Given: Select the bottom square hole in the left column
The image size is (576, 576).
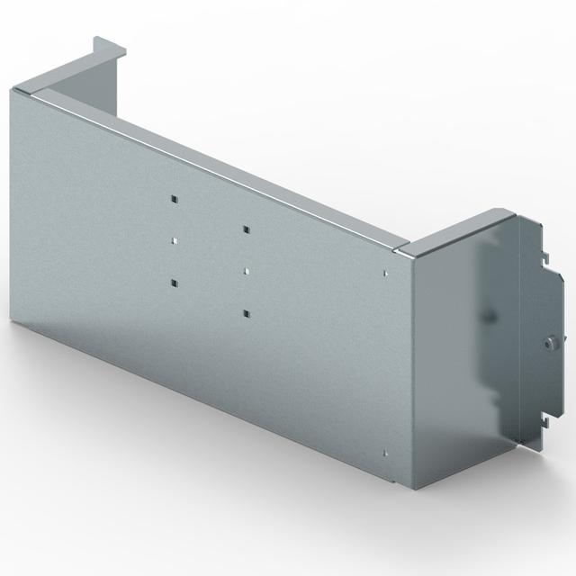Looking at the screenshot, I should click(x=173, y=283).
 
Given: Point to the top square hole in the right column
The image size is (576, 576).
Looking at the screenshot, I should click(x=244, y=229).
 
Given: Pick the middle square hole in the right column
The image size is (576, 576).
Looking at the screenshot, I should click(x=244, y=270).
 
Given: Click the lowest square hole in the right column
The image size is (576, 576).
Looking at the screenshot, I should click(x=244, y=312).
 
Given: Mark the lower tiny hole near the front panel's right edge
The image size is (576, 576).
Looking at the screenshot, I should click(x=385, y=453).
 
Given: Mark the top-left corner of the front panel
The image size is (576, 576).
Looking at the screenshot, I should click(x=14, y=88).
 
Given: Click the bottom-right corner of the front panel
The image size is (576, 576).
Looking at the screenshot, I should click(x=411, y=490).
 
